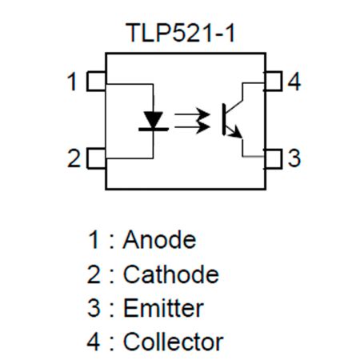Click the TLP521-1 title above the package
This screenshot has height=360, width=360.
click(180, 34)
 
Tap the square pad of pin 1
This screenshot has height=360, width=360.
click(96, 82)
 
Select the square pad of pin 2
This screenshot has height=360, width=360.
click(96, 158)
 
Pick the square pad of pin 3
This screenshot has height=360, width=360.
click(274, 158)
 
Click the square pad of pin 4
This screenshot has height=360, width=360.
click(274, 82)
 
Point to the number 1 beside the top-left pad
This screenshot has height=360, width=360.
click(73, 82)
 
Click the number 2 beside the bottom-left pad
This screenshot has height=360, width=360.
click(74, 158)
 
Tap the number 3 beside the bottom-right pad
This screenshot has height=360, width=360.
click(294, 158)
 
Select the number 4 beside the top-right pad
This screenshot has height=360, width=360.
click(294, 82)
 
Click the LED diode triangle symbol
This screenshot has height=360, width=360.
click(153, 121)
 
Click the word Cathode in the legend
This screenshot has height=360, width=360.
click(170, 274)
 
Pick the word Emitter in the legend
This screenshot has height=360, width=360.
click(163, 309)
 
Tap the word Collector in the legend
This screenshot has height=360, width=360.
click(173, 342)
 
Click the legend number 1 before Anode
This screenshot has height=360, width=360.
click(94, 240)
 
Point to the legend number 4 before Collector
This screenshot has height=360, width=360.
click(94, 342)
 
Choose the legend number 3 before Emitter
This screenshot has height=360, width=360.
click(94, 309)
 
